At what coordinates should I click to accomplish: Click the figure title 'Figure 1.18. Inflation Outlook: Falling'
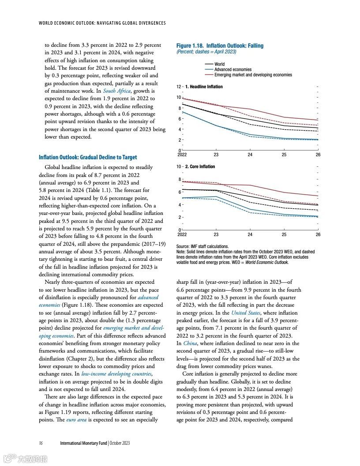(220, 46)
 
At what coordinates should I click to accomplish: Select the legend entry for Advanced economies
(232, 69)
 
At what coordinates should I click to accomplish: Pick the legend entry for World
(219, 64)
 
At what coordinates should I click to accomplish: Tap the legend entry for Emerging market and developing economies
(253, 75)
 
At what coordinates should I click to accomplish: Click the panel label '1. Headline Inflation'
(204, 86)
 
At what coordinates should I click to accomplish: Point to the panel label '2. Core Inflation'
(200, 166)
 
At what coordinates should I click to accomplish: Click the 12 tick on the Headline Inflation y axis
(179, 86)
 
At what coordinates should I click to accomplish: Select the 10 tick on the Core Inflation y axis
(179, 166)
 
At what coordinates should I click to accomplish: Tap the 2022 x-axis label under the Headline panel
(182, 155)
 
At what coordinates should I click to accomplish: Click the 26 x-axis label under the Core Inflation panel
(318, 235)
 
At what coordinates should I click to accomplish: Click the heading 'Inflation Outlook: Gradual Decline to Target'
(88, 157)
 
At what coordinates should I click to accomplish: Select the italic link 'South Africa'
(116, 91)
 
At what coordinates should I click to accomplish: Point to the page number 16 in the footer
(41, 443)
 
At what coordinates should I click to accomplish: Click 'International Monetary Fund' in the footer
(83, 443)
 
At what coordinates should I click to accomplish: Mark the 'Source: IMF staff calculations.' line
(202, 246)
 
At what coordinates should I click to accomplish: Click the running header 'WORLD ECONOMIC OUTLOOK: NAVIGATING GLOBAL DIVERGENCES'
(102, 23)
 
